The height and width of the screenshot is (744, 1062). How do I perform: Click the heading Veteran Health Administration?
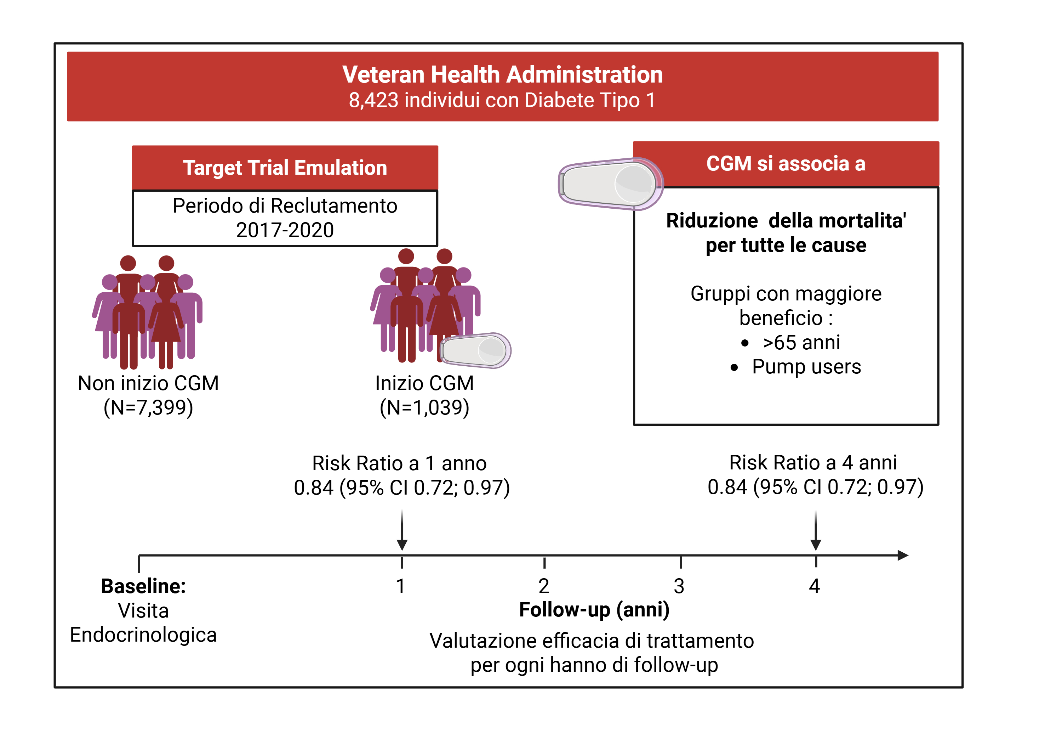[502, 74]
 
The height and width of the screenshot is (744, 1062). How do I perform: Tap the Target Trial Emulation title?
[285, 168]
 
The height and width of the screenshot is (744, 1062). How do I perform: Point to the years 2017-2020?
[285, 230]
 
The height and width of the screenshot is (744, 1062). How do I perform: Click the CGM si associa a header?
[786, 163]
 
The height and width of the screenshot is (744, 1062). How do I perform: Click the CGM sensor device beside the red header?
[611, 184]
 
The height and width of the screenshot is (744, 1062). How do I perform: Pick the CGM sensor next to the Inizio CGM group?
[475, 350]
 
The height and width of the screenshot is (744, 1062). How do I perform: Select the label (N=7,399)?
[148, 407]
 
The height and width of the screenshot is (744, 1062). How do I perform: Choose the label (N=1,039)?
[424, 407]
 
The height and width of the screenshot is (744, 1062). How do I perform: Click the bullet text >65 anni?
[801, 343]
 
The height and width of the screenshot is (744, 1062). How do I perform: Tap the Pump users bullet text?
[806, 367]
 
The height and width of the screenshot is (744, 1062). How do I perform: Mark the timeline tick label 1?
[401, 586]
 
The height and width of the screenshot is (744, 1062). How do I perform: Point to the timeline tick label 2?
[544, 586]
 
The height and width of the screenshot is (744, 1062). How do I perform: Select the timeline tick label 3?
[679, 586]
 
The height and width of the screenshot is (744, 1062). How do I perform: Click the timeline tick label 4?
[815, 586]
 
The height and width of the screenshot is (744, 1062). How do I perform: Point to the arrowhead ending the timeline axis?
[903, 555]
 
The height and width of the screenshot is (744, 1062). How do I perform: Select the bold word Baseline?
[143, 586]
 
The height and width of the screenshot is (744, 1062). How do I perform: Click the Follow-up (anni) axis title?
[594, 610]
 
